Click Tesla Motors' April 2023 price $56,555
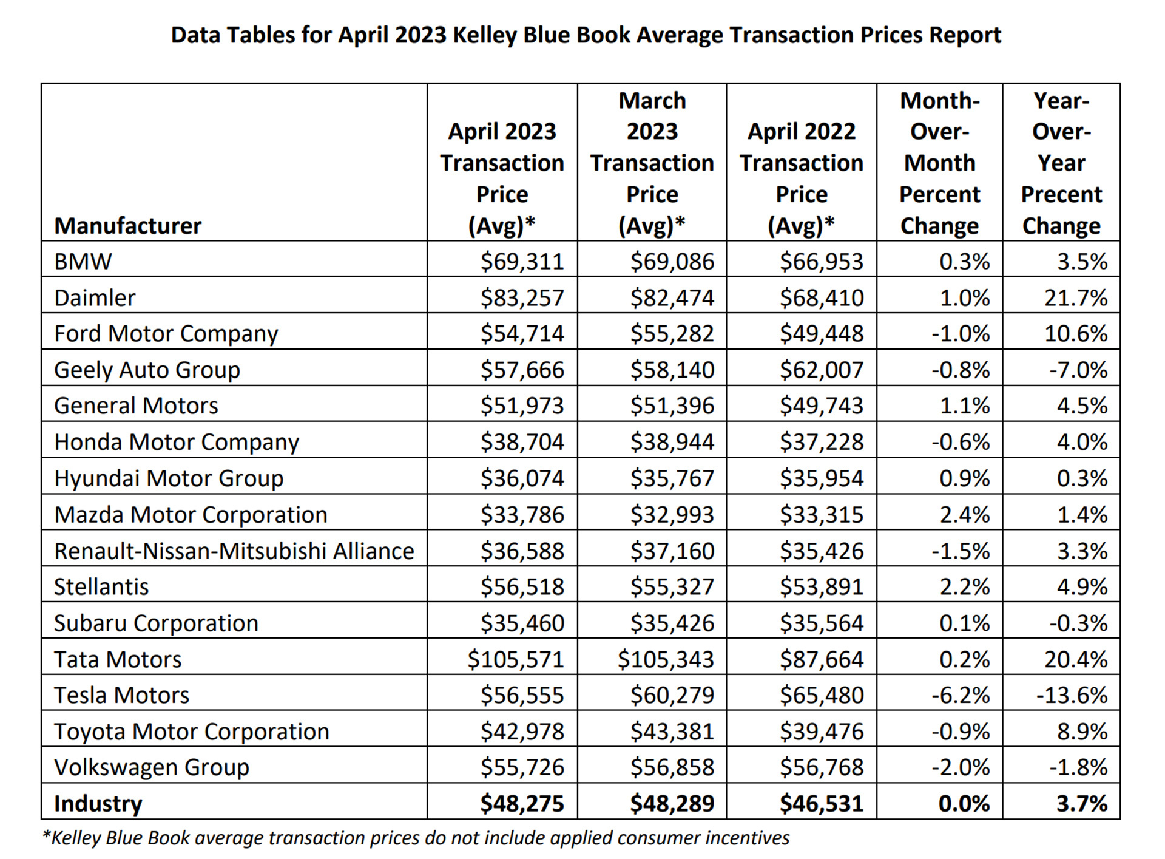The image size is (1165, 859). pos(522,695)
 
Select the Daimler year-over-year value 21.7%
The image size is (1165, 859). pos(1075,297)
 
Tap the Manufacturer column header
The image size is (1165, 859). pos(127,226)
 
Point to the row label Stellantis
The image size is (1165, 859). pos(101,587)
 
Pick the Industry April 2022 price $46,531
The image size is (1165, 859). pos(821,804)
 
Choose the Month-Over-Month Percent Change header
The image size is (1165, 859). pos(939,163)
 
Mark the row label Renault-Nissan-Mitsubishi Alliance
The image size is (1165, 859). pos(234,551)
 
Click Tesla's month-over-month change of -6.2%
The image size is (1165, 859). pos(961,695)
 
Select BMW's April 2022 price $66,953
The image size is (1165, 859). pos(821,262)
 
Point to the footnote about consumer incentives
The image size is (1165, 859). pos(416,838)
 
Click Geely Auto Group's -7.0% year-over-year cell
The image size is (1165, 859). pos(1078,370)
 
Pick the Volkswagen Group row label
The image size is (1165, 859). pos(152,767)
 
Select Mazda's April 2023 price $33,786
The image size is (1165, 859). pos(522,515)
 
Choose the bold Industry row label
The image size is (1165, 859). pos(98,804)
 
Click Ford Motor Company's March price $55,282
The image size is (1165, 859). pos(672,334)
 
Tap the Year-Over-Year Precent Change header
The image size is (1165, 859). pos(1061,163)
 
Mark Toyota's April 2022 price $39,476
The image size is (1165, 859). pos(821,732)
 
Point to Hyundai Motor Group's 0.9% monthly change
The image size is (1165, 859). pos(964,478)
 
